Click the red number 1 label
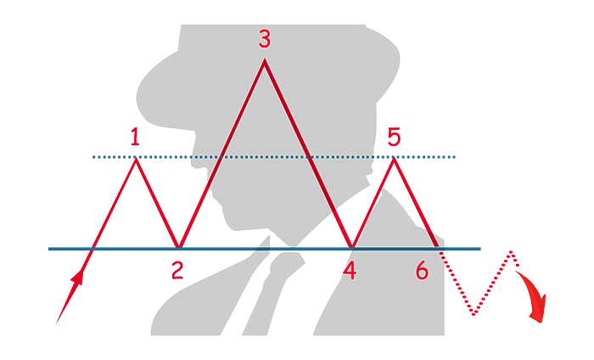click(x=135, y=138)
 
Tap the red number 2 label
click(x=177, y=271)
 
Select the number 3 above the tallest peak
click(x=265, y=39)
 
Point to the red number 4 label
click(x=350, y=272)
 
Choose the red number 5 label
click(x=394, y=137)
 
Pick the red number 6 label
click(x=422, y=271)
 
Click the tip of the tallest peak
click(x=265, y=59)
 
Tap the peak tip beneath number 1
click(x=136, y=159)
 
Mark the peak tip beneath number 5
click(x=394, y=159)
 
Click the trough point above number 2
click(x=180, y=247)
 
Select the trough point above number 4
click(x=352, y=247)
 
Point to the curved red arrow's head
click(x=539, y=312)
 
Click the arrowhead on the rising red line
click(x=78, y=277)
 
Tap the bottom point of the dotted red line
click(x=474, y=314)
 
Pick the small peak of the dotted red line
click(x=512, y=251)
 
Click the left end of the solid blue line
click(x=49, y=249)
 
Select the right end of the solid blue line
click(x=480, y=249)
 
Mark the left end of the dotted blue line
click(x=93, y=157)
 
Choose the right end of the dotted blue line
click(x=454, y=157)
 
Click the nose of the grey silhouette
click(x=193, y=163)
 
